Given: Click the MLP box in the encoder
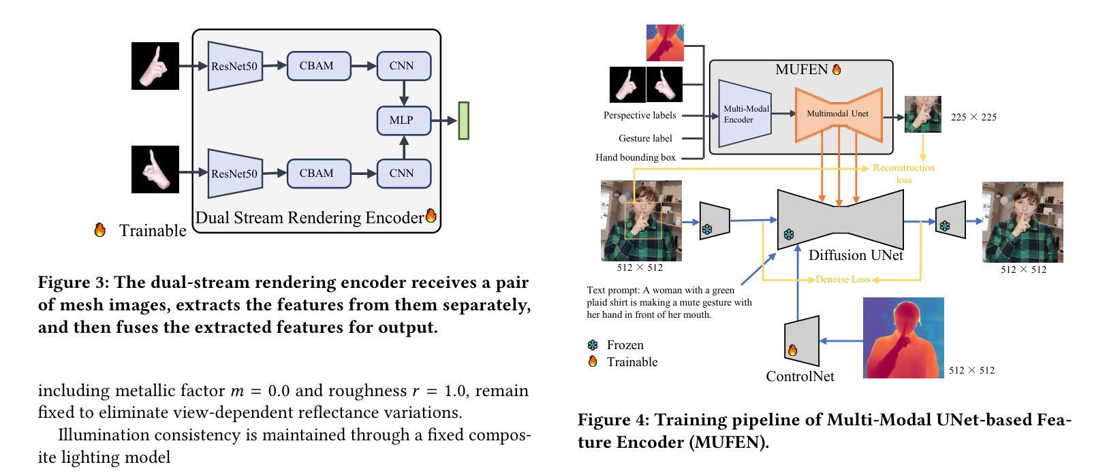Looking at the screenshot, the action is point(404,120).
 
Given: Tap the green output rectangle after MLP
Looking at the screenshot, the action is point(463,121).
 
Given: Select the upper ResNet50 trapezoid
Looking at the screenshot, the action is point(235,65).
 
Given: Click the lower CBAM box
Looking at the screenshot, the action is point(319,174).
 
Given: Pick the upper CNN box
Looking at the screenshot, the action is point(404,65).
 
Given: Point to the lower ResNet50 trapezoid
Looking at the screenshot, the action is point(235,174).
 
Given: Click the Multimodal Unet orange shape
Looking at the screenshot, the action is point(839,114).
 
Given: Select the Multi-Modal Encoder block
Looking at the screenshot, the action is point(745,114).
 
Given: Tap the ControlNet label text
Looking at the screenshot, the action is point(800,376).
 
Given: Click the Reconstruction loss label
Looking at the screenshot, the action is point(904,174).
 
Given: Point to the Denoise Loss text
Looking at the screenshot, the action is point(843,280).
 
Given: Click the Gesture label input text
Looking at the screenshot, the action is point(645,138).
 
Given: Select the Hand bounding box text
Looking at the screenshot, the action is point(636,157).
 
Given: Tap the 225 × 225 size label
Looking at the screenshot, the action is point(973,118).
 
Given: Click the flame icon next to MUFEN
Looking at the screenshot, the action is point(836,69).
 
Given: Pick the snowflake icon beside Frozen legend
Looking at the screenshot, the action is point(593,345).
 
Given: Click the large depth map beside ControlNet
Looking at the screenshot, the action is point(903,338).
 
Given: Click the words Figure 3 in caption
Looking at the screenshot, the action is point(74,282).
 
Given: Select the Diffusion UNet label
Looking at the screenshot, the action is point(856,255).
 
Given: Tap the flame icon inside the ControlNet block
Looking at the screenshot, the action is point(792,350).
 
